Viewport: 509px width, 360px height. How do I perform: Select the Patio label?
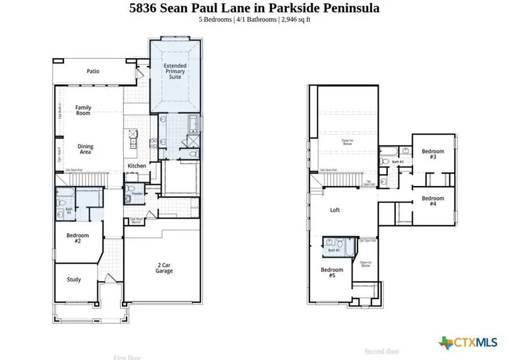tap(93, 71)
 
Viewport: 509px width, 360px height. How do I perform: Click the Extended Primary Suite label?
tap(175, 71)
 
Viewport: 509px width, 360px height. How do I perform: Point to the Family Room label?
tap(83, 110)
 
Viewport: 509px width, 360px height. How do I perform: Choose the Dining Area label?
tap(85, 150)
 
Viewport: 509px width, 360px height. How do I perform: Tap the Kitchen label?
tap(136, 166)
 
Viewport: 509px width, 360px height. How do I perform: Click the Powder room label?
tap(136, 194)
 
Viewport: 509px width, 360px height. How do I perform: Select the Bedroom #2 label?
tap(77, 238)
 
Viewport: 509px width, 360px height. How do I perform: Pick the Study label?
tap(74, 279)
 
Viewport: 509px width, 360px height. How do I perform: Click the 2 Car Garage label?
tap(165, 267)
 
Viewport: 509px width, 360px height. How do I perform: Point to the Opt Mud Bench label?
tap(136, 220)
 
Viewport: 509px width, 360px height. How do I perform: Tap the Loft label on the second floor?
tap(335, 210)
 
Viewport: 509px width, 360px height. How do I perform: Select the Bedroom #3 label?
tap(433, 154)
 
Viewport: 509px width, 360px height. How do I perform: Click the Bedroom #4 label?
tap(433, 201)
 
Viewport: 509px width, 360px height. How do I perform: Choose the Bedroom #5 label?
tap(332, 272)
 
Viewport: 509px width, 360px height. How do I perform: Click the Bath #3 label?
tap(398, 162)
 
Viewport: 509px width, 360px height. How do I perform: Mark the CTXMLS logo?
tap(468, 342)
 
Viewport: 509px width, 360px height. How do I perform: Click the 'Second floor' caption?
tap(382, 351)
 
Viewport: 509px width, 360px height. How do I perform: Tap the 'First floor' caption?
tap(127, 357)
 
